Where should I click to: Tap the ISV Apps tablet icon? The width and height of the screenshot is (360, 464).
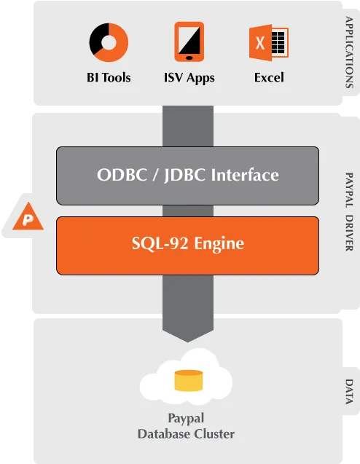click(189, 42)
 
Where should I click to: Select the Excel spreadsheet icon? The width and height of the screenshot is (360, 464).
click(269, 42)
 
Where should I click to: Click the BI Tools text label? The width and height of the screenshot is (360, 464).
click(109, 77)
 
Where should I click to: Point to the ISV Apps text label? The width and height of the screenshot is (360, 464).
click(189, 78)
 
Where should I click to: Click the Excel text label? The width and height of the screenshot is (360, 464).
click(269, 77)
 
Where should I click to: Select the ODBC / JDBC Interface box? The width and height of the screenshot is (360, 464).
click(188, 176)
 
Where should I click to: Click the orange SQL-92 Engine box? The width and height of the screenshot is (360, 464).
click(188, 245)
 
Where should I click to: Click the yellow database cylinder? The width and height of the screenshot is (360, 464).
click(189, 380)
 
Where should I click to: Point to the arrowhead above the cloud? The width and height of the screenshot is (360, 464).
click(188, 335)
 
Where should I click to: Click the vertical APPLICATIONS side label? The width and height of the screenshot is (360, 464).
click(349, 52)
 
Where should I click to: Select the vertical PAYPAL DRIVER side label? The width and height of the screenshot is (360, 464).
click(349, 212)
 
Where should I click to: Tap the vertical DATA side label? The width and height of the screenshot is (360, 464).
click(349, 391)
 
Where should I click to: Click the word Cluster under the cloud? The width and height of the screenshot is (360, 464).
click(215, 434)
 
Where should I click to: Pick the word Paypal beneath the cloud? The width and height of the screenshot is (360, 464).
click(186, 419)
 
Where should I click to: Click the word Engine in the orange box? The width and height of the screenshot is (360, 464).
click(219, 244)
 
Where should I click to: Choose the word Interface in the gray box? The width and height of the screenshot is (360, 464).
click(245, 175)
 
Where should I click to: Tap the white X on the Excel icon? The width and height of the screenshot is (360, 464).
click(260, 43)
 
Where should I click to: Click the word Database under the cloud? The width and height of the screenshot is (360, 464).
click(164, 434)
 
